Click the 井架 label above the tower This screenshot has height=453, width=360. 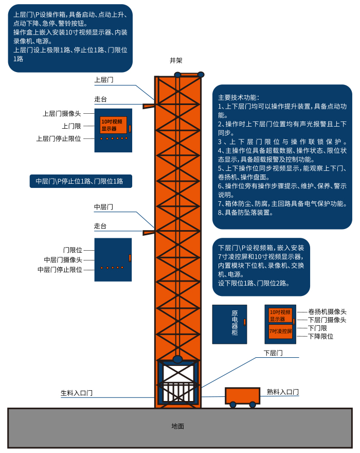(176, 60)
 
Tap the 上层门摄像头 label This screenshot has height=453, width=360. (62, 113)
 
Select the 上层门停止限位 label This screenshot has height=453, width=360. (59, 138)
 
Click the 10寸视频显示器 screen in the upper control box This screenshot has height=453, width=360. (113, 125)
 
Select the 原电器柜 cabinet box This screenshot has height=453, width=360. (229, 324)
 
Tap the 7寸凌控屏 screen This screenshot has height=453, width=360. (280, 332)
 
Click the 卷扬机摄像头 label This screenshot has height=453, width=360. (327, 311)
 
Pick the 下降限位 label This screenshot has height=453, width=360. (320, 336)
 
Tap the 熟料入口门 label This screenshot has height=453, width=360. (282, 392)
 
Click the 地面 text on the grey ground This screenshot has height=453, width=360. (177, 426)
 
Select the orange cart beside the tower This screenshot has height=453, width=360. (242, 395)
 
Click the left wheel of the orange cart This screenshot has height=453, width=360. (233, 405)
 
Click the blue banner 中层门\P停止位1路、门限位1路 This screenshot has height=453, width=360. (80, 181)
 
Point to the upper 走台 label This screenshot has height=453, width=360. (100, 99)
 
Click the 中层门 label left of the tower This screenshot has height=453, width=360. (103, 207)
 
